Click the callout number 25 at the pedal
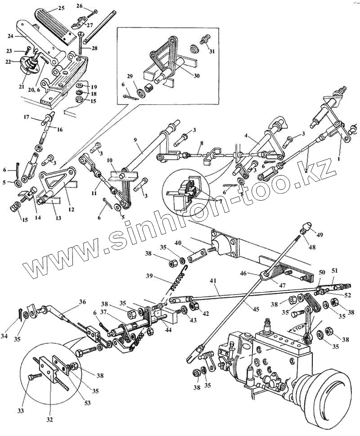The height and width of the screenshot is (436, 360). pos(61,9)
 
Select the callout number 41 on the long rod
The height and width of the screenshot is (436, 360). pos(212,281)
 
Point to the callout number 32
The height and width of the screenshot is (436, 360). pos(49,420)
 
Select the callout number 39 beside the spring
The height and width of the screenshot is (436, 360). pos(149,275)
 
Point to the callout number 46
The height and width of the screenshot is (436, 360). pos(256,273)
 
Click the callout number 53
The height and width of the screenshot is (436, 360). pos(88,403)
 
